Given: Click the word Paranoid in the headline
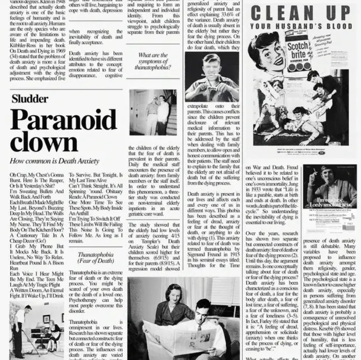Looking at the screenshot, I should coord(63,120).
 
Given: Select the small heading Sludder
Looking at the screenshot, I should coord(30,98).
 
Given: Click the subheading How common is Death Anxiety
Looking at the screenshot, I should coord(54,161).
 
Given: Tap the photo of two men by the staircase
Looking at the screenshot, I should coord(152,112).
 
